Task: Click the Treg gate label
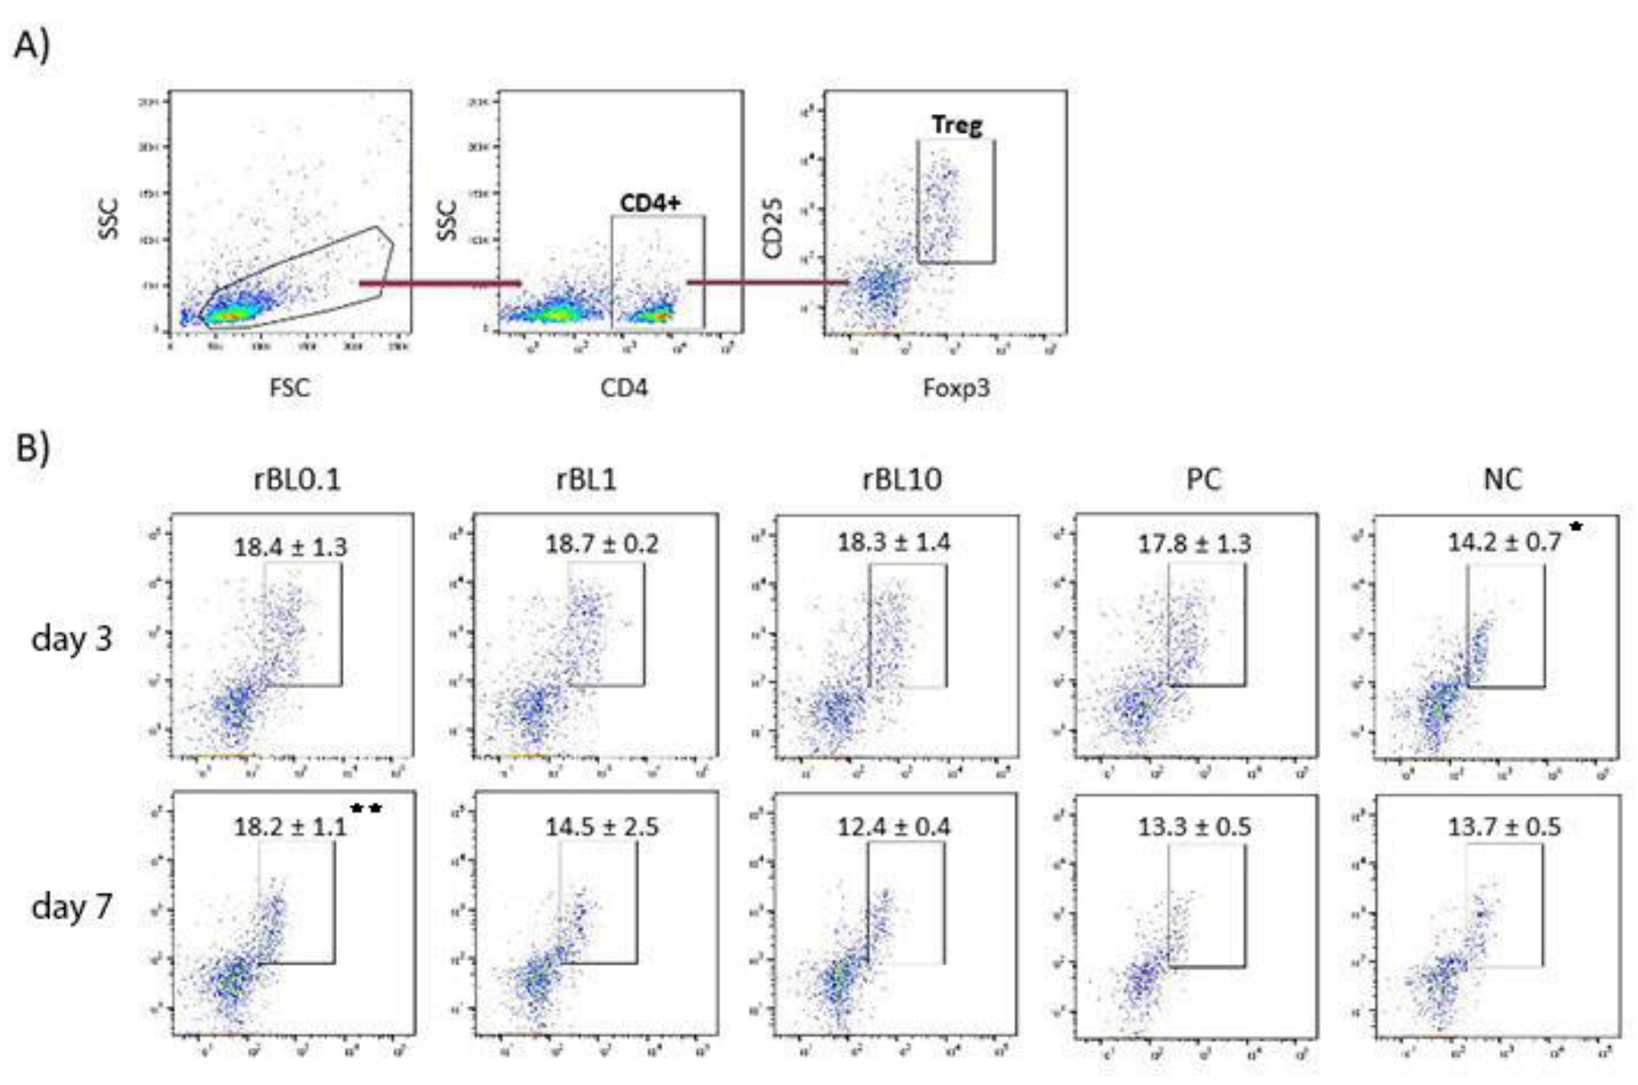point(957,125)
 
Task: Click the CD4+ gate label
point(650,203)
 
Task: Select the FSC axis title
point(289,388)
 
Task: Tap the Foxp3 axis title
point(957,388)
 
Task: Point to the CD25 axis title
point(772,228)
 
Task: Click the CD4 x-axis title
point(624,388)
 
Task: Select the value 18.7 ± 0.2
point(602,544)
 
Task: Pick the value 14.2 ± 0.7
point(1505,542)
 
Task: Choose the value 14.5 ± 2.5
point(602,827)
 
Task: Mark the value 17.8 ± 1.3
point(1194,544)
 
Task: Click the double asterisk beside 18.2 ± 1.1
point(366,809)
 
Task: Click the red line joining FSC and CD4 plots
point(440,283)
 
